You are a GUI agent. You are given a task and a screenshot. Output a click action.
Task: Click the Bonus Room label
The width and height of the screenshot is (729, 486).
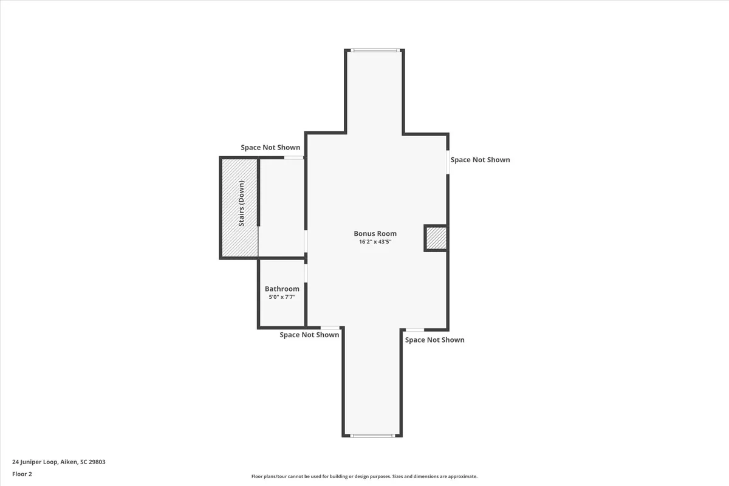(375, 233)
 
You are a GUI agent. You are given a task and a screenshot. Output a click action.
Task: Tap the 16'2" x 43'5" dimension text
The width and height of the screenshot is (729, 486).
(375, 242)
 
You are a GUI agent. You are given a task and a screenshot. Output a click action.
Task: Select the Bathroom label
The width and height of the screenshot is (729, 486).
(282, 289)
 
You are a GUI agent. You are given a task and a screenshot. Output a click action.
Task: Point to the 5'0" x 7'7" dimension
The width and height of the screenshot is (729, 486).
(282, 298)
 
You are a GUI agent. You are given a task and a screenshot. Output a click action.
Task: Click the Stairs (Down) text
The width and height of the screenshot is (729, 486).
(241, 204)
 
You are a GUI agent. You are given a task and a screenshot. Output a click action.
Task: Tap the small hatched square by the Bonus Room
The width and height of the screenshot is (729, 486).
(436, 238)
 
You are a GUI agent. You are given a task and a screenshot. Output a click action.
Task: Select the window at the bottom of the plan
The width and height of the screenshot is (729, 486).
(372, 435)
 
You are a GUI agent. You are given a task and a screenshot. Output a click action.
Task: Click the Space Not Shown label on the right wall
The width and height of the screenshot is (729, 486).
(480, 160)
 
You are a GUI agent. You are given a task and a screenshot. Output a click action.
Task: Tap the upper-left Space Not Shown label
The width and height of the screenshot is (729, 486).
(270, 148)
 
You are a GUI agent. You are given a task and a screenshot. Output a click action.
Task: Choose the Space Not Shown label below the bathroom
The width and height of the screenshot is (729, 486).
(309, 335)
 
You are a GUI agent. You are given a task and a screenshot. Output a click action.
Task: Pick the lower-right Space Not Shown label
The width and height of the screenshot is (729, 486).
(434, 340)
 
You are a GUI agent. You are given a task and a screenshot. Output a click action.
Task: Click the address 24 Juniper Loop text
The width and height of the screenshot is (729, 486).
(35, 462)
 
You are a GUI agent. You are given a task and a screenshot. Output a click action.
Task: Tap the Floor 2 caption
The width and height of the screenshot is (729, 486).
(22, 474)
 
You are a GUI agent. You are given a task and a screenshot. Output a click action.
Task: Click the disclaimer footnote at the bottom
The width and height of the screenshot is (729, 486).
(364, 477)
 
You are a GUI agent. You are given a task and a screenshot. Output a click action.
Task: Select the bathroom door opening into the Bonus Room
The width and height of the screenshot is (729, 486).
(306, 273)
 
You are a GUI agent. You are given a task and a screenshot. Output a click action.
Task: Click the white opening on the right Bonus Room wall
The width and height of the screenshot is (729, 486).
(448, 162)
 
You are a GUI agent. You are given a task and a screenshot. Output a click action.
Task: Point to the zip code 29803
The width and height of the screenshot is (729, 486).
(96, 462)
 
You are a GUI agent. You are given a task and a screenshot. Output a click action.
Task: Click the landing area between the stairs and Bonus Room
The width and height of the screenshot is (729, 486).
(281, 207)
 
